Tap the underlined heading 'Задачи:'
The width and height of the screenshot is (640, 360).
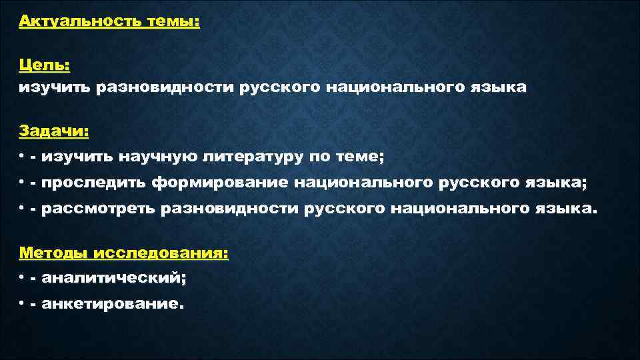(53, 131)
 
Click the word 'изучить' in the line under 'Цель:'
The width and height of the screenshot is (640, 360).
(54, 88)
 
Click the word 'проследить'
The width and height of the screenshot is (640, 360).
(94, 183)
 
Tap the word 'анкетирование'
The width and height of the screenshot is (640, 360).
(111, 305)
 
